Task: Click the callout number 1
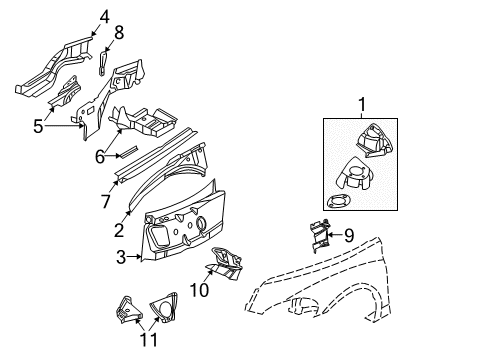(x=363, y=104)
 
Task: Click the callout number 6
(x=98, y=157)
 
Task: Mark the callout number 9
(x=349, y=236)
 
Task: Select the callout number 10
(x=199, y=291)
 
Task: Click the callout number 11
(x=147, y=340)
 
